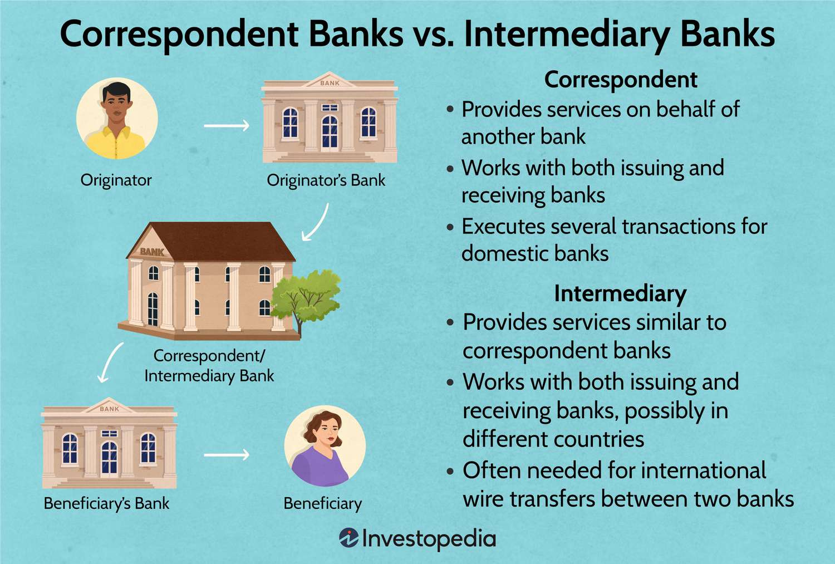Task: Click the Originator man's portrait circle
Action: pos(117,119)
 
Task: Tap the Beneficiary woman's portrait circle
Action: pos(325,446)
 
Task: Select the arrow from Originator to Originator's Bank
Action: pos(227,126)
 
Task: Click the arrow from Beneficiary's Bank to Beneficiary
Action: pos(227,455)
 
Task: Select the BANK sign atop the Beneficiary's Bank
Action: pos(109,409)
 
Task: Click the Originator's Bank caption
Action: pos(326,180)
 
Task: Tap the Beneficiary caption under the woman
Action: pos(322,503)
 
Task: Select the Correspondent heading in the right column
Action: pos(620,80)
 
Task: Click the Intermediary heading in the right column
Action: pos(620,293)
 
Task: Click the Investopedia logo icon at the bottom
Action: pos(348,538)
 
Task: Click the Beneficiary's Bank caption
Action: pos(106,503)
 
